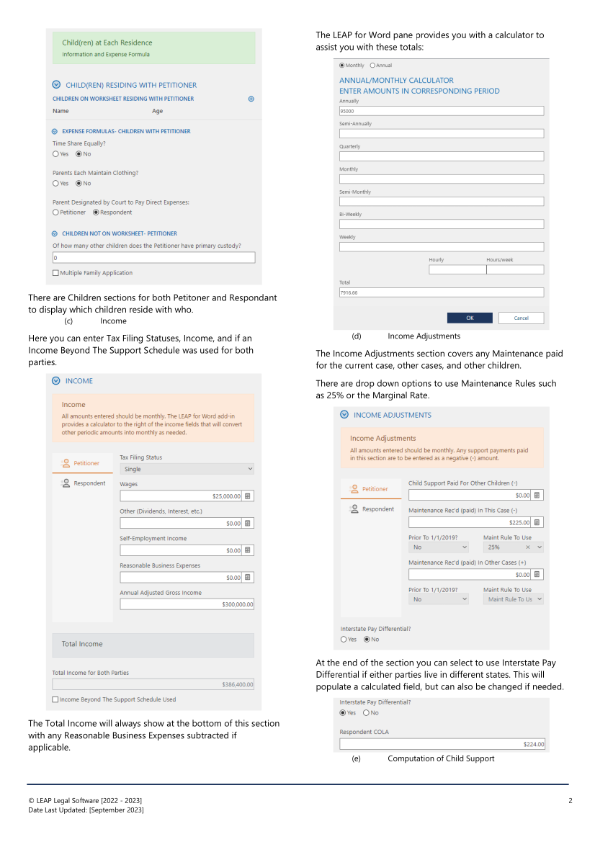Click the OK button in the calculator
[470, 318]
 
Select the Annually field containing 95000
[441, 112]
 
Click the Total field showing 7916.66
[441, 292]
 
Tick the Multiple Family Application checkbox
[56, 273]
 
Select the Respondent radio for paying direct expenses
[96, 212]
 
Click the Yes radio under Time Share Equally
[56, 154]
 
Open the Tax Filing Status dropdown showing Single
[187, 469]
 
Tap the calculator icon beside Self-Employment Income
[248, 550]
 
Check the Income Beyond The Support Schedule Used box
[56, 699]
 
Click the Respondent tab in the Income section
[84, 483]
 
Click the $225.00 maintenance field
[470, 522]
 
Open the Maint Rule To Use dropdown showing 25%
[513, 547]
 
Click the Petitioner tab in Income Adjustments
[370, 489]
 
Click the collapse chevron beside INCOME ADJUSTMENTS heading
[344, 415]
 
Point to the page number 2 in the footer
[570, 801]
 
